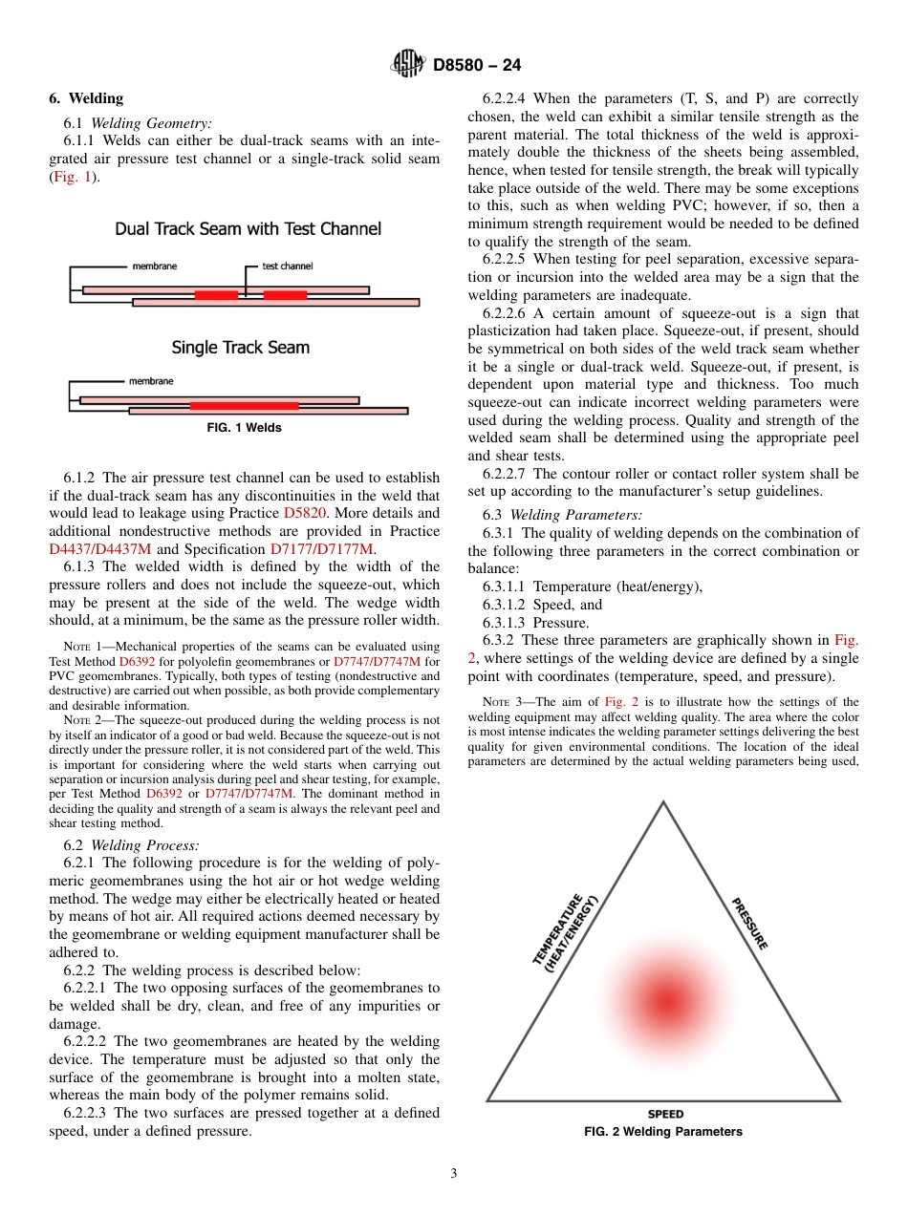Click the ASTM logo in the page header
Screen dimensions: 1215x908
pos(408,65)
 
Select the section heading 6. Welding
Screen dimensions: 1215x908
pos(86,98)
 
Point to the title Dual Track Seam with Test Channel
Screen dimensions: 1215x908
pos(248,229)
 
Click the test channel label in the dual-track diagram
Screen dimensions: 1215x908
pos(287,266)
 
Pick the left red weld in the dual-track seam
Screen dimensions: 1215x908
pos(216,295)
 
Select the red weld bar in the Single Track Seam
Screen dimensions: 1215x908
pos(244,405)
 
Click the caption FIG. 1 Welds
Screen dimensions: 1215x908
pos(244,428)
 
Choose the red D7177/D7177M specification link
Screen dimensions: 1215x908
pos(335,548)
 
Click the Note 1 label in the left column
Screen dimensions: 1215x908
pos(83,647)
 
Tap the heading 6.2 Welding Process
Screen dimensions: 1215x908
pos(131,844)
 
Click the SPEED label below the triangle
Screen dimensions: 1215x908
pos(665,1115)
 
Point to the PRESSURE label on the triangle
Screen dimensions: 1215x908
pos(749,923)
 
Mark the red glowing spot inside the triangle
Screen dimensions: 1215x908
pos(664,1000)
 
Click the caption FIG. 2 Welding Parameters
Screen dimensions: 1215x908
pos(663,1132)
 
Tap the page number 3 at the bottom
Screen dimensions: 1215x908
pos(454,1174)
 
